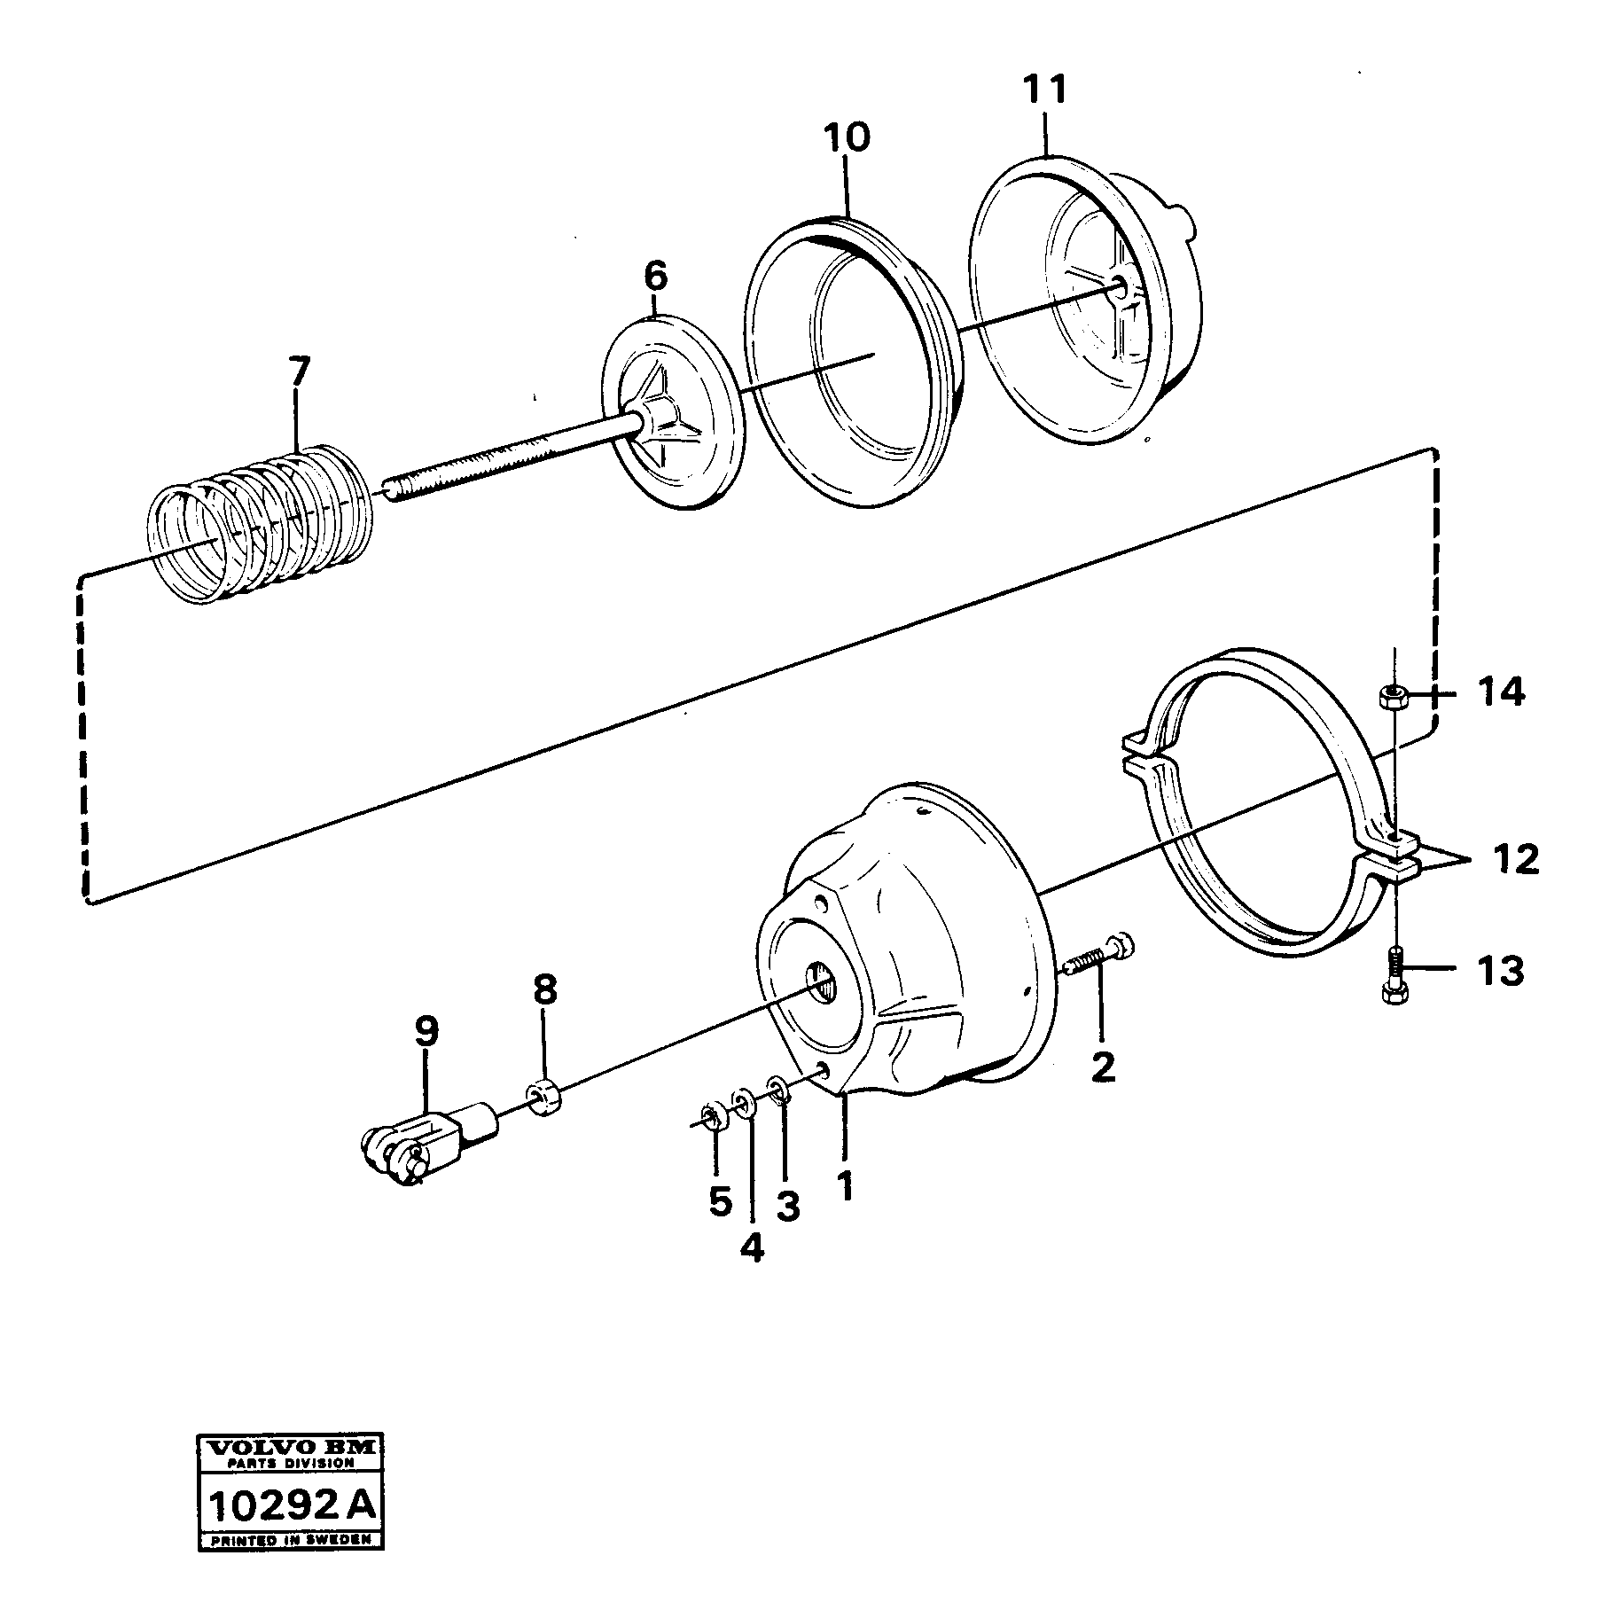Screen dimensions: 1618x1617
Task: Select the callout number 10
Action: click(x=847, y=138)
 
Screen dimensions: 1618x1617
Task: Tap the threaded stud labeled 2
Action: click(x=1099, y=958)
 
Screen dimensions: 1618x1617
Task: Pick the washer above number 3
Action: click(x=777, y=1089)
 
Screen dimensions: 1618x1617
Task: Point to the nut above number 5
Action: click(x=710, y=1115)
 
